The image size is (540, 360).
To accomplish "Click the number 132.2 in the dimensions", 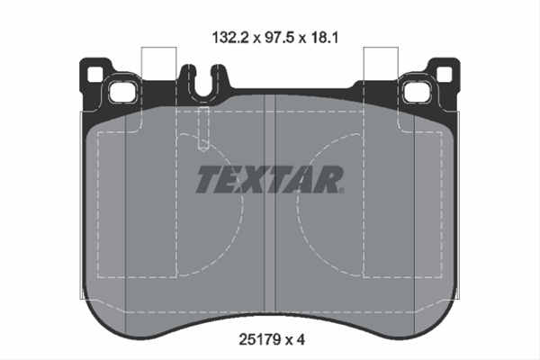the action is tap(230, 37).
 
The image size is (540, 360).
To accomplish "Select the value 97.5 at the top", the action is tap(279, 37).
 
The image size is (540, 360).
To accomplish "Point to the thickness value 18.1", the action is tap(324, 37).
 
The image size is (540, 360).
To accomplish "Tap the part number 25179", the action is tap(260, 340).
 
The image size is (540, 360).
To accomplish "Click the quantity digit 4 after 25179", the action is tap(301, 340).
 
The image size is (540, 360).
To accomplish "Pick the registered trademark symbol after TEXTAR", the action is tap(341, 190).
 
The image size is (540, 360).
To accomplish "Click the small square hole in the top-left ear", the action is tap(94, 75).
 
